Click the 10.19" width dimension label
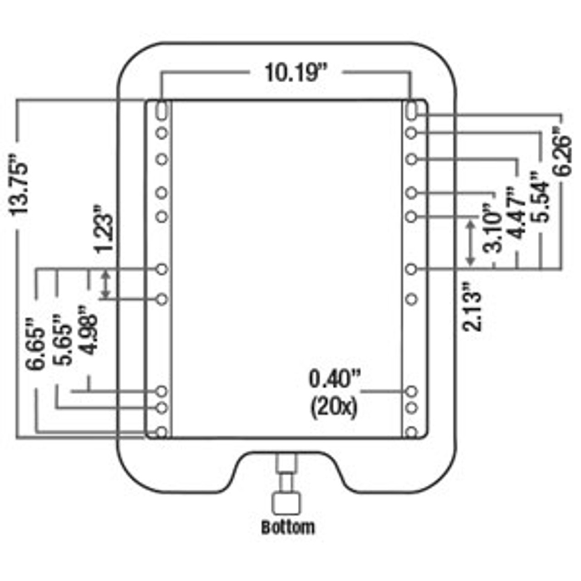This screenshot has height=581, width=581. [x=296, y=72]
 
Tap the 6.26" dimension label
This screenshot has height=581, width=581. [x=563, y=153]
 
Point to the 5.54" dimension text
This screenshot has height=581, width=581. [x=542, y=196]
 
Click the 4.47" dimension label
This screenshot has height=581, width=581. [x=518, y=212]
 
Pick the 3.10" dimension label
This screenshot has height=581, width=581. [x=493, y=226]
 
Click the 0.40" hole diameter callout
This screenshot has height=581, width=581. [x=334, y=379]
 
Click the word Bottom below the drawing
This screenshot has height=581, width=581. [x=288, y=527]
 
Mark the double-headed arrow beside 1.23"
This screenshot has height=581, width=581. [x=105, y=285]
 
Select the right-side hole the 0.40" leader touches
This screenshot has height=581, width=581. [x=411, y=391]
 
